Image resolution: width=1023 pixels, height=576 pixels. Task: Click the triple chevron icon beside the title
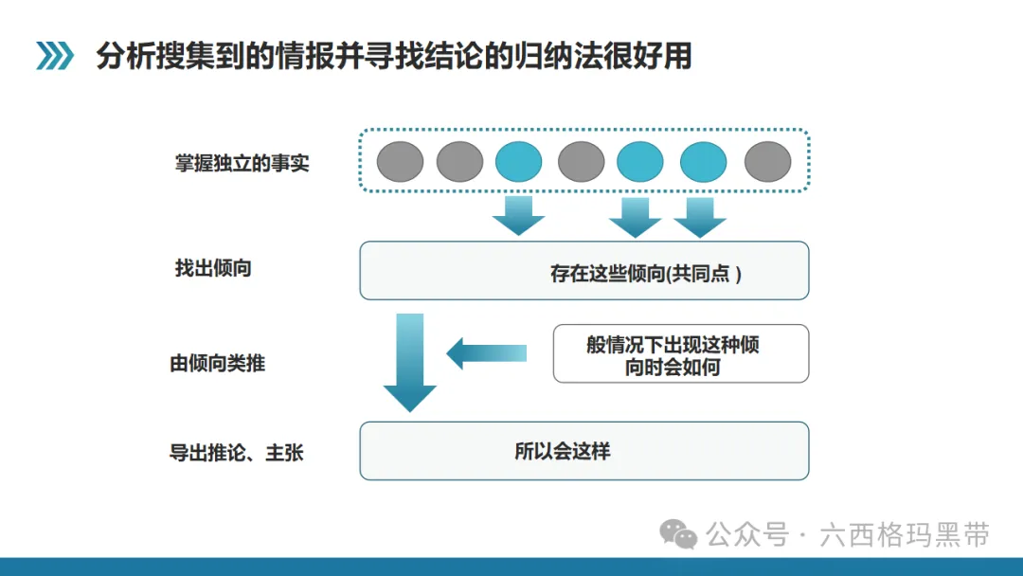point(55,56)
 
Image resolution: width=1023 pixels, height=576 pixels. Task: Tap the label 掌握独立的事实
point(242,162)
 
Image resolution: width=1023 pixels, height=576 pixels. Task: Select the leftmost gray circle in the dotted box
point(400,161)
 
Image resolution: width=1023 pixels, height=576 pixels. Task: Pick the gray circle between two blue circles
point(581,161)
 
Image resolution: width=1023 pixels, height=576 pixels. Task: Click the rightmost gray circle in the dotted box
point(768,161)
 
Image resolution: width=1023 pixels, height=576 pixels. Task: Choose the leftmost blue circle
point(519,161)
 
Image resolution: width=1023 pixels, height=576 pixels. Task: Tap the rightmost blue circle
point(703,161)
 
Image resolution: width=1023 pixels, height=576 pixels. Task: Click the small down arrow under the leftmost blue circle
point(519,216)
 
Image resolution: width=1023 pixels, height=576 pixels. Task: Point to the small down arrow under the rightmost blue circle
point(700,218)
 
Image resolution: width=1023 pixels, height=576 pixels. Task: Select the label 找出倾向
point(213,268)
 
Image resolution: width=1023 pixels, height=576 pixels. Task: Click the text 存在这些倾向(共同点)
point(646,274)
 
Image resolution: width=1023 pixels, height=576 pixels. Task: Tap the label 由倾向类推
point(217,363)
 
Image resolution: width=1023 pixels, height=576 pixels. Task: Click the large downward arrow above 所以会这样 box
point(410,363)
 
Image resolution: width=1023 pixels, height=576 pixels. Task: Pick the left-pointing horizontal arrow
point(487,353)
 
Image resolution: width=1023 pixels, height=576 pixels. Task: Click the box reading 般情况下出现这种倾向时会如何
point(680,353)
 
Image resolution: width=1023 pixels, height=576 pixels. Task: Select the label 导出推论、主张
point(236,452)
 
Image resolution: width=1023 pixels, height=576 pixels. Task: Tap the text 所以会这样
point(563,451)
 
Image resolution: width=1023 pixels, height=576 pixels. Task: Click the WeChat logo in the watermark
point(678,534)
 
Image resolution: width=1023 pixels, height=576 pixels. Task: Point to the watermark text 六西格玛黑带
point(905,535)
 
